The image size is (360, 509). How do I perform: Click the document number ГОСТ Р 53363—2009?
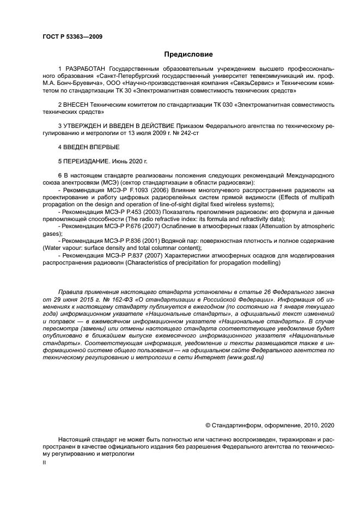72,36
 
